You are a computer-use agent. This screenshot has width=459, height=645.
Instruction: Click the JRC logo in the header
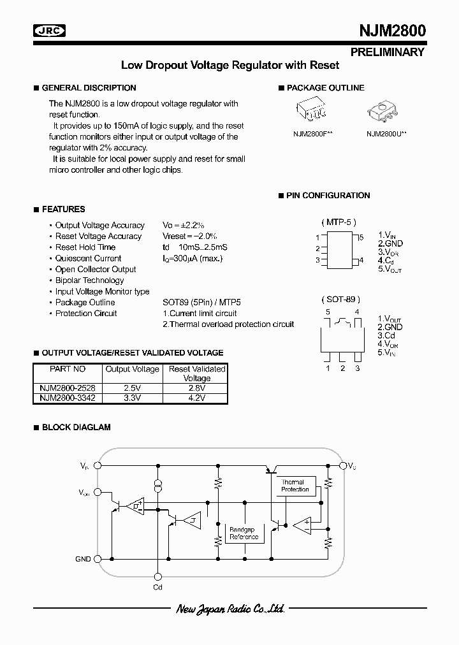pyautogui.click(x=50, y=30)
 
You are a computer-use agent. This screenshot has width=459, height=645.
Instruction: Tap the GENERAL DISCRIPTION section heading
pyautogui.click(x=89, y=88)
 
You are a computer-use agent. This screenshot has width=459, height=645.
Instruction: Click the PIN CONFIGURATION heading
pyautogui.click(x=328, y=196)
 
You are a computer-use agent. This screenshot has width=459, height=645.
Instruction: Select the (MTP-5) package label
pyautogui.click(x=338, y=222)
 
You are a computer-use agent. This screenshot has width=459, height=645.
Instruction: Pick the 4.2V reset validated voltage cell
pyautogui.click(x=196, y=397)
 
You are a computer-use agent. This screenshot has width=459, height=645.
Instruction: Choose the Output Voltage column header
pyautogui.click(x=132, y=369)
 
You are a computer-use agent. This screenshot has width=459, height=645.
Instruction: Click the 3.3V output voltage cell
pyautogui.click(x=132, y=397)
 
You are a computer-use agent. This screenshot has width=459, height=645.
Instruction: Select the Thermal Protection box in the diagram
pyautogui.click(x=294, y=486)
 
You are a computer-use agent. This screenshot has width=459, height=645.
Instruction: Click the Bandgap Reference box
pyautogui.click(x=244, y=533)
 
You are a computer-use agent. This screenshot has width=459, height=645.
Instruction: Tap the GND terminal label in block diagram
pyautogui.click(x=83, y=559)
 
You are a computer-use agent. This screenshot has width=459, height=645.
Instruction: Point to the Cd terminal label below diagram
pyautogui.click(x=157, y=586)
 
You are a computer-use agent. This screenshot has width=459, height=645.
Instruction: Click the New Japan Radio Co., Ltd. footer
pyautogui.click(x=229, y=609)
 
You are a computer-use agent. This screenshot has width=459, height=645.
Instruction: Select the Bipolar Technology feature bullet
pyautogui.click(x=89, y=280)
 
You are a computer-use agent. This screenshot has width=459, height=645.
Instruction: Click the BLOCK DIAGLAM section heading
pyautogui.click(x=76, y=427)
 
